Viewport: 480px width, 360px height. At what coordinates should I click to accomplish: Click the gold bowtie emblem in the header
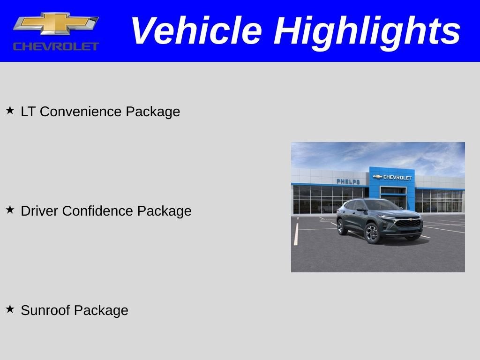click(x=55, y=24)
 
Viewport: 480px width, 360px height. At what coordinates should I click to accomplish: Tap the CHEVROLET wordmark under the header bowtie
click(x=56, y=46)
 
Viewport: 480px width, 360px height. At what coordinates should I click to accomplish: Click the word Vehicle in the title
click(x=195, y=31)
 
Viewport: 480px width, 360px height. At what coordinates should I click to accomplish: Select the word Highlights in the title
click(x=367, y=31)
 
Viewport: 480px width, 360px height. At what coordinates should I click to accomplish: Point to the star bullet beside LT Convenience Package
click(x=10, y=111)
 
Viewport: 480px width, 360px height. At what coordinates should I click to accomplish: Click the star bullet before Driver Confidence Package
click(x=10, y=210)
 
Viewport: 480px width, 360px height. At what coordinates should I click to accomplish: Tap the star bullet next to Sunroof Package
click(x=10, y=309)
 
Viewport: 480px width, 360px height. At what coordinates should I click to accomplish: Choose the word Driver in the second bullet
click(x=39, y=211)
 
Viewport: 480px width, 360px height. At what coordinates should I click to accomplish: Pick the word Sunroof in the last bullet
click(x=45, y=310)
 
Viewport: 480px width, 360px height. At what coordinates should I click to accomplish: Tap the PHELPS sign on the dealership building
click(x=348, y=181)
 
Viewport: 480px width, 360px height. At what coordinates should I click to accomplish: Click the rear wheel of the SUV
click(x=342, y=226)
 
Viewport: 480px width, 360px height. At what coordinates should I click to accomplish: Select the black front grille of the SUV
click(x=408, y=223)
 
